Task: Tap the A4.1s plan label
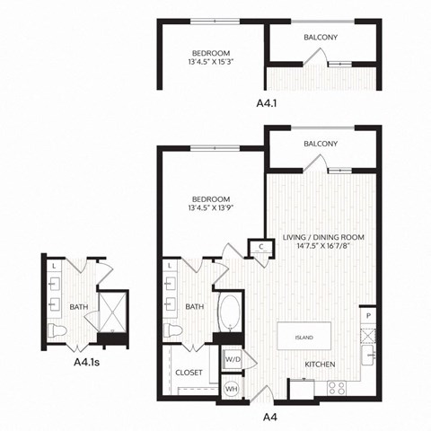[88, 364]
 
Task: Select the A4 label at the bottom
[268, 417]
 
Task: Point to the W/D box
[232, 359]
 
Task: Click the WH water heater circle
[231, 389]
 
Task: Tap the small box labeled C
[260, 246]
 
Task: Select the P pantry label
[368, 315]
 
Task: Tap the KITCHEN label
[320, 365]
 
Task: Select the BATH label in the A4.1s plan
[79, 307]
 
